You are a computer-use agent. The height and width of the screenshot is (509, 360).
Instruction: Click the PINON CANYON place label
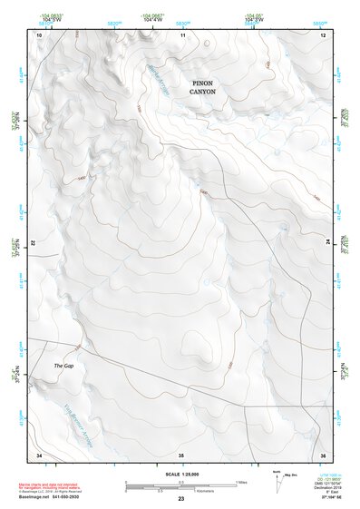(203, 87)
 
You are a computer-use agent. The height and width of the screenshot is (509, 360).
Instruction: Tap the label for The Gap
(63, 366)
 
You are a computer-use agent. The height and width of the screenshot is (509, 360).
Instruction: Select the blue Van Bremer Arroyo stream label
(83, 416)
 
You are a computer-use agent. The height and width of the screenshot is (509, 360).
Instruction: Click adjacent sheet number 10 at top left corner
(39, 34)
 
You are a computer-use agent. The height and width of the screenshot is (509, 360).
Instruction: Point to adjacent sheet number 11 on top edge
(182, 34)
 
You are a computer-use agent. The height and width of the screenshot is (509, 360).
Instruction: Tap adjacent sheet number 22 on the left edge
(34, 244)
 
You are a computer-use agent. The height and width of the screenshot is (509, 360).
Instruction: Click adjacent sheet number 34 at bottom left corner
(39, 454)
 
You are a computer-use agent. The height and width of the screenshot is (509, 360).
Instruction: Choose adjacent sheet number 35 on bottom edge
(181, 454)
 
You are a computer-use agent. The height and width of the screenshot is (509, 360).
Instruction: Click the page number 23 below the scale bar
(181, 500)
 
